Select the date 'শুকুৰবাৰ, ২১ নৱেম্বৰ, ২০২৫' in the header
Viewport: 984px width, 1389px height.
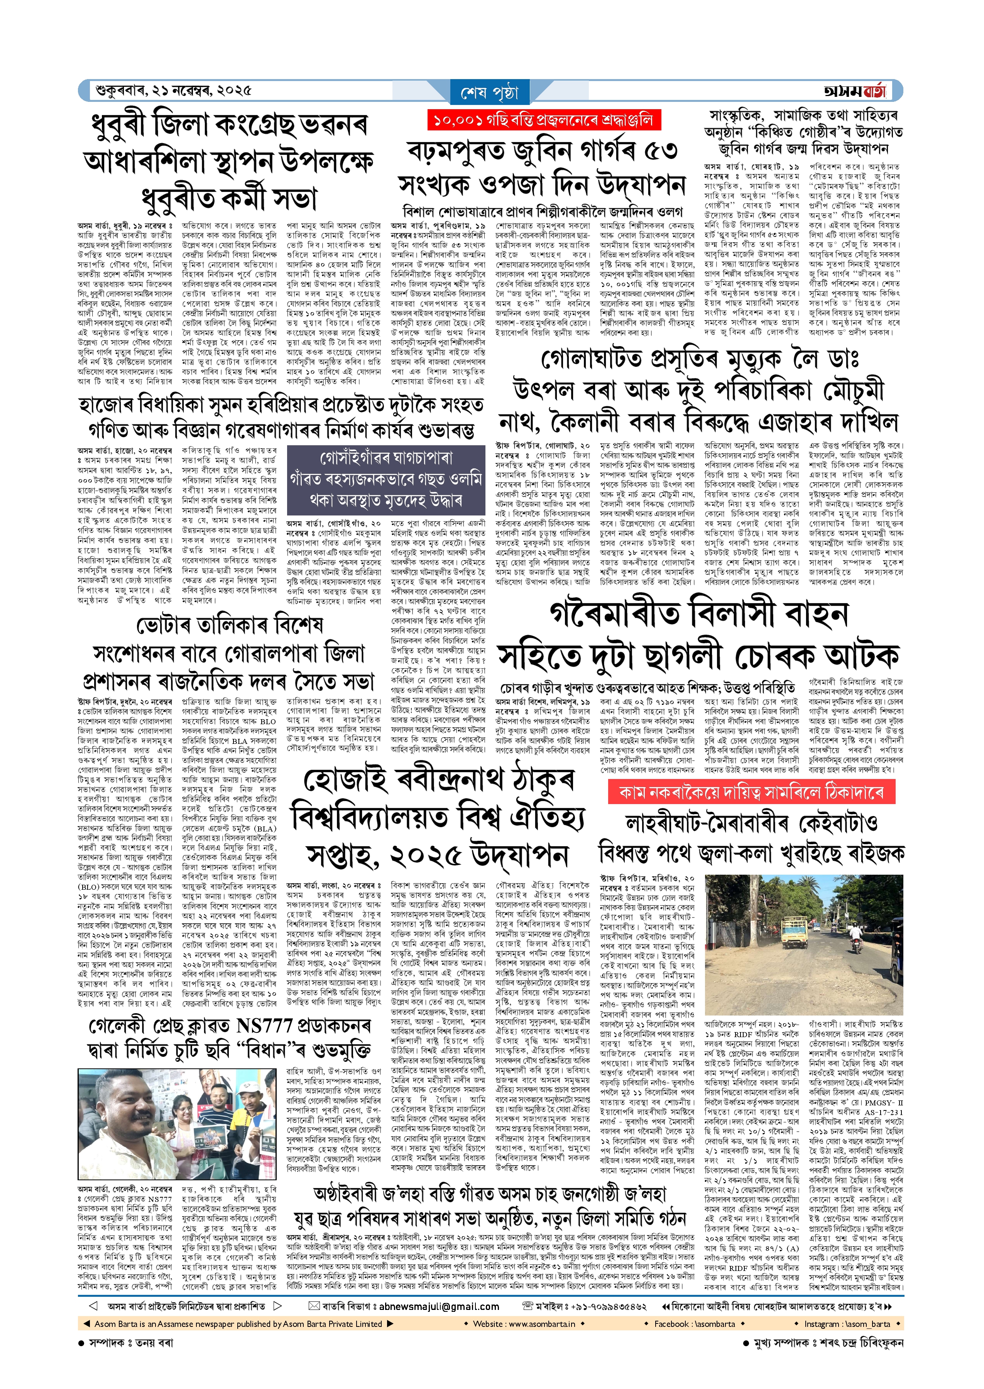[x=173, y=91]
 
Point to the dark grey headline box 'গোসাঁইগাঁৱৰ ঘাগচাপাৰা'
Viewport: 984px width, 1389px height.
[x=385, y=478]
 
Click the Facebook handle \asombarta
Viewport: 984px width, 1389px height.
[x=694, y=1323]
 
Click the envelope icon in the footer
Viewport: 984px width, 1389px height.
[x=314, y=1306]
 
